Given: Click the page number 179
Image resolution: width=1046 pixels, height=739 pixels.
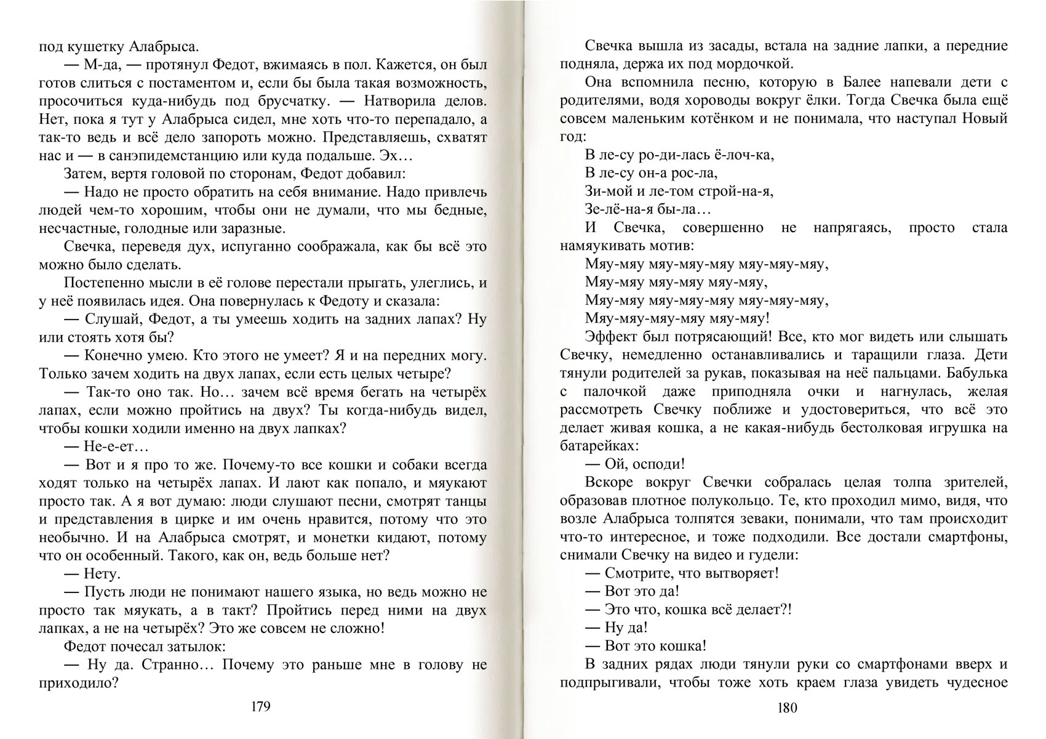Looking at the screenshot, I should pos(261,706).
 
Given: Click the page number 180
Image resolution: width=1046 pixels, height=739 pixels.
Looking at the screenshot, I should pos(787,708).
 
